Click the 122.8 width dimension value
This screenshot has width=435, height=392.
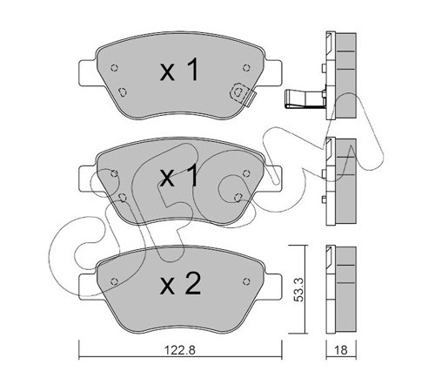click(180, 350)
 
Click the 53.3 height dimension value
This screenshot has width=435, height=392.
click(298, 289)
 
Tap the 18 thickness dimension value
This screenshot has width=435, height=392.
click(341, 350)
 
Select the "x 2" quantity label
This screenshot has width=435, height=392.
click(180, 284)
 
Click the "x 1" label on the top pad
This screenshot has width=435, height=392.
click(180, 70)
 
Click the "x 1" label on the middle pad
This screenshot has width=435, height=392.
click(180, 176)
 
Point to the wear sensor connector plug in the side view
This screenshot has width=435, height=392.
click(304, 98)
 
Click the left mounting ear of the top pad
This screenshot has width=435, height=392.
click(89, 72)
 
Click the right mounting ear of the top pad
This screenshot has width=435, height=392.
click(272, 72)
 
